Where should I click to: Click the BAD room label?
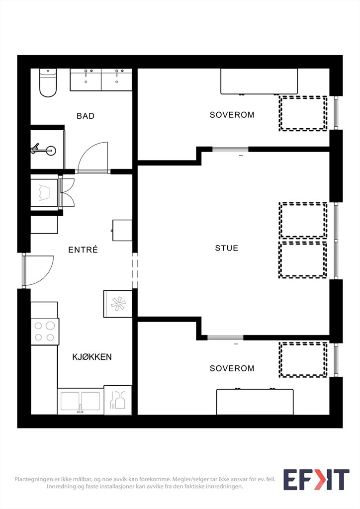point(86,116)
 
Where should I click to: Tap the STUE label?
point(227,248)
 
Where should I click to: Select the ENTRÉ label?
point(83,250)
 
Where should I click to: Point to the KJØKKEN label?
point(92,357)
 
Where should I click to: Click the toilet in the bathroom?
point(48,83)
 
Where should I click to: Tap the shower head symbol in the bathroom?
point(44,150)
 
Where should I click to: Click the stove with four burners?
point(45,332)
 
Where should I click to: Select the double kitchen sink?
point(80,402)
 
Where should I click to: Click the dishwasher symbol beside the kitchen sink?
point(117,400)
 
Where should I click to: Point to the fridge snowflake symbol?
point(118,304)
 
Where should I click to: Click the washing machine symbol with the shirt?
point(44,192)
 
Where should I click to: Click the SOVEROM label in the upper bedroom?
point(232,115)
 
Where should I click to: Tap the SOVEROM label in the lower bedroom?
point(232,368)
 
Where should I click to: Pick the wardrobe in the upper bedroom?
point(259,82)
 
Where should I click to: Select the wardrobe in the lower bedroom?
point(255,402)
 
